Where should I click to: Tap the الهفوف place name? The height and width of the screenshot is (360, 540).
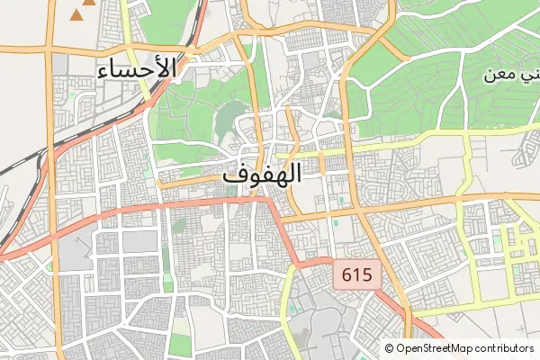point(261,175)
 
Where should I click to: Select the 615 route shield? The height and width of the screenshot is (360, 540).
point(357,275)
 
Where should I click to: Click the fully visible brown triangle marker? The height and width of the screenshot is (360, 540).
point(86,14)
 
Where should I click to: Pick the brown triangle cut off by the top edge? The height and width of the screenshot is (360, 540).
point(76,3)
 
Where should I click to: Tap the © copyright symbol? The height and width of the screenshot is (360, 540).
point(389,348)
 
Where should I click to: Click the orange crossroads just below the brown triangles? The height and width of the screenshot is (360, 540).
point(54,42)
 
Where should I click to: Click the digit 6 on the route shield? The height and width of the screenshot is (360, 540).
point(346,275)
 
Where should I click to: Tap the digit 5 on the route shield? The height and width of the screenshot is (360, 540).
point(367,275)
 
